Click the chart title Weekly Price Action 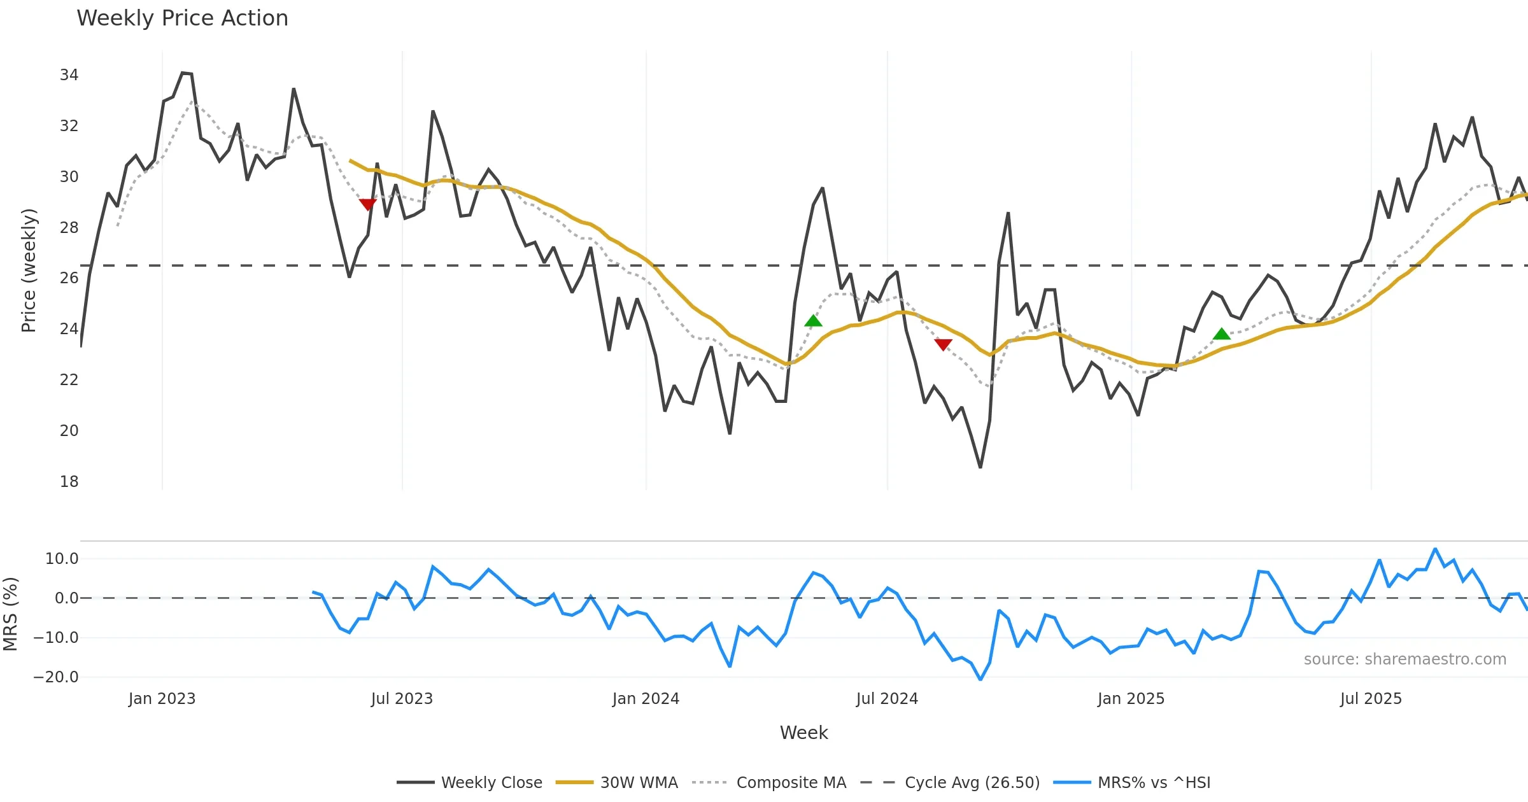pyautogui.click(x=182, y=18)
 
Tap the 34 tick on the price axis pyautogui.click(x=69, y=75)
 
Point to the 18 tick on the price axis pyautogui.click(x=69, y=482)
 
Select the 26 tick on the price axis pyautogui.click(x=69, y=278)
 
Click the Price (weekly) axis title pyautogui.click(x=29, y=271)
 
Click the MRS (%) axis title pyautogui.click(x=10, y=614)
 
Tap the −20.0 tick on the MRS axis pyautogui.click(x=56, y=677)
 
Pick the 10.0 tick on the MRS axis pyautogui.click(x=62, y=559)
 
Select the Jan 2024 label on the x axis pyautogui.click(x=646, y=699)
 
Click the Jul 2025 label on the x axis pyautogui.click(x=1371, y=699)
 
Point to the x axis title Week pyautogui.click(x=803, y=733)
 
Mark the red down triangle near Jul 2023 pyautogui.click(x=367, y=204)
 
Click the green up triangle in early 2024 pyautogui.click(x=813, y=321)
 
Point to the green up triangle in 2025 pyautogui.click(x=1221, y=334)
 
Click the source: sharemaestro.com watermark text pyautogui.click(x=1404, y=659)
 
